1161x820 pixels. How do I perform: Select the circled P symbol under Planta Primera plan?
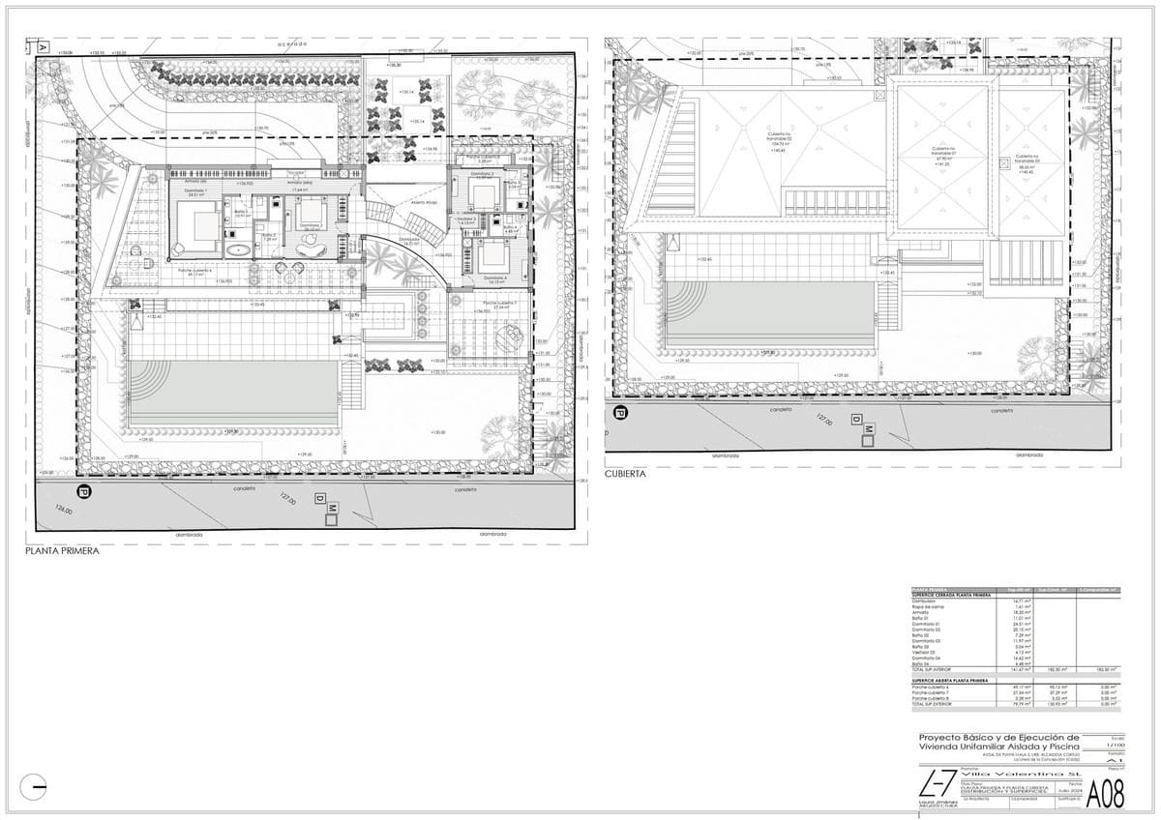point(83,492)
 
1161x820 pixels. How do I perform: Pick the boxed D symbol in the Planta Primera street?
point(319,497)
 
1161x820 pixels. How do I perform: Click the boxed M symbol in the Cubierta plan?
point(869,428)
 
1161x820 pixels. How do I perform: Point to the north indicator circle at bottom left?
point(33,787)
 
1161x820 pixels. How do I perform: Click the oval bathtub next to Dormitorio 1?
point(237,250)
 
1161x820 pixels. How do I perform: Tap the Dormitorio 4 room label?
point(493,278)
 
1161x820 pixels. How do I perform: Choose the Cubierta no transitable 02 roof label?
point(780,138)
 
